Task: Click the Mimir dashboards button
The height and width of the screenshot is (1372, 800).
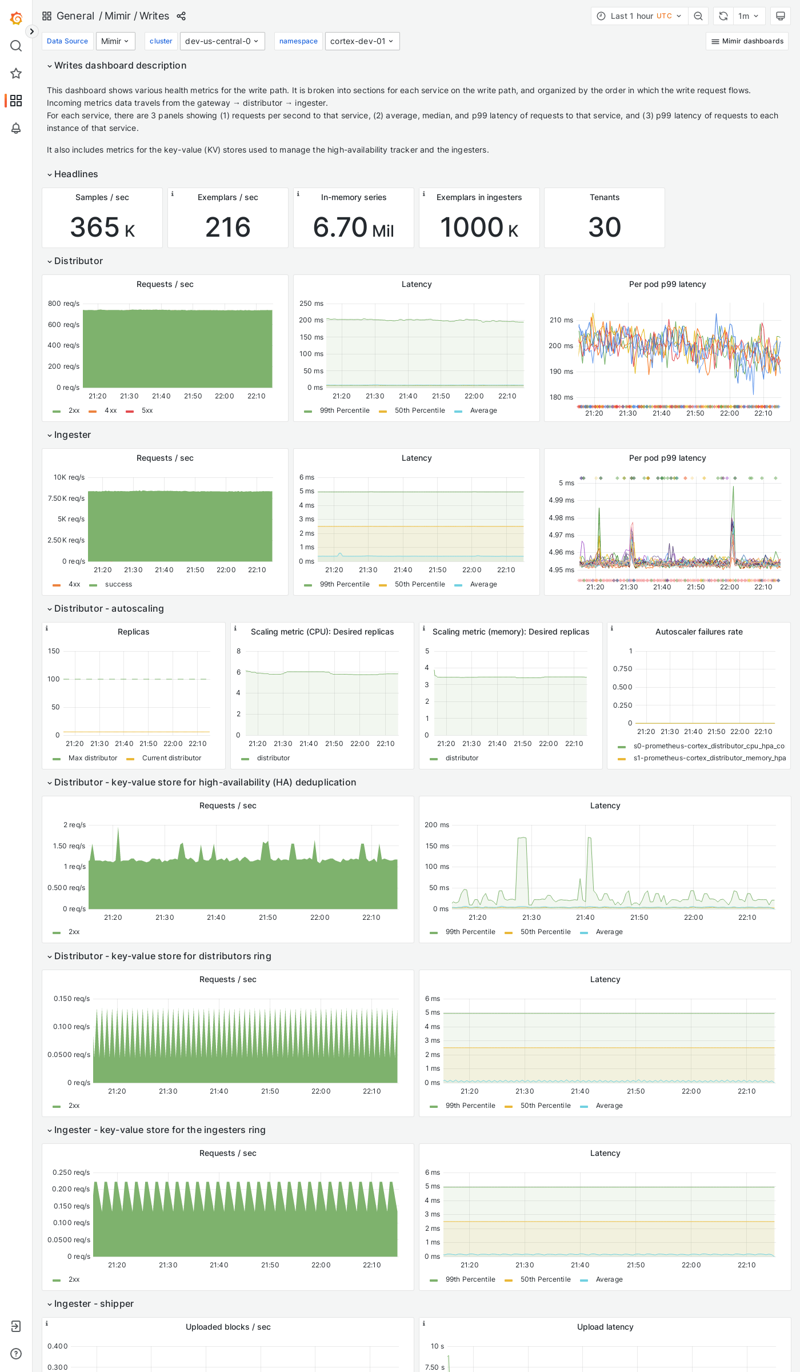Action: [x=747, y=41]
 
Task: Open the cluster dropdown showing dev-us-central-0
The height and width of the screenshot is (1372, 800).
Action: [x=222, y=41]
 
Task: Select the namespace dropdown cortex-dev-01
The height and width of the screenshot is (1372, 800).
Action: [x=362, y=41]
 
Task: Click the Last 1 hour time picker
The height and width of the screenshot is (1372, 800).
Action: [x=639, y=16]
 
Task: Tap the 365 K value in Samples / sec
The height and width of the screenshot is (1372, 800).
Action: [x=102, y=228]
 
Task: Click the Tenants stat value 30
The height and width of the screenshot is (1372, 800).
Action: [x=604, y=228]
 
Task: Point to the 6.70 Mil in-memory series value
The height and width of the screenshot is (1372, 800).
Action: [x=353, y=228]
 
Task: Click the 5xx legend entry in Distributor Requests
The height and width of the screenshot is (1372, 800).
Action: [x=147, y=410]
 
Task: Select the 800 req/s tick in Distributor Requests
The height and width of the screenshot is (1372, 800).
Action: [x=63, y=304]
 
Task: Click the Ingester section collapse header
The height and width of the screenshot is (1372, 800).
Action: [x=72, y=435]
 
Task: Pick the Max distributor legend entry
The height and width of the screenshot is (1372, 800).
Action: [x=93, y=758]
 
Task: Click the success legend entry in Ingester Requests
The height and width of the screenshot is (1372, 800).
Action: [x=118, y=584]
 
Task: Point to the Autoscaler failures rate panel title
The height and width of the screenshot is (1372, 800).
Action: [x=698, y=632]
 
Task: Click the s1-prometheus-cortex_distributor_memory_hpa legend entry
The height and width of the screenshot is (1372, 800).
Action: [x=709, y=758]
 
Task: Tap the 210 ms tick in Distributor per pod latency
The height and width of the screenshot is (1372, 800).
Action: [x=561, y=320]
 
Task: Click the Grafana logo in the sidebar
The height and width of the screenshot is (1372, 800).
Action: [x=16, y=18]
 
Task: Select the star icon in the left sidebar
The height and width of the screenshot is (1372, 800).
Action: [x=16, y=73]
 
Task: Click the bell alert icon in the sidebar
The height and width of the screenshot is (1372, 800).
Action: [x=16, y=128]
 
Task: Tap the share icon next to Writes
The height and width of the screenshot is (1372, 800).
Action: [x=181, y=16]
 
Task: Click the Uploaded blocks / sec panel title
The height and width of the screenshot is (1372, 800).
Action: [x=228, y=1327]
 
